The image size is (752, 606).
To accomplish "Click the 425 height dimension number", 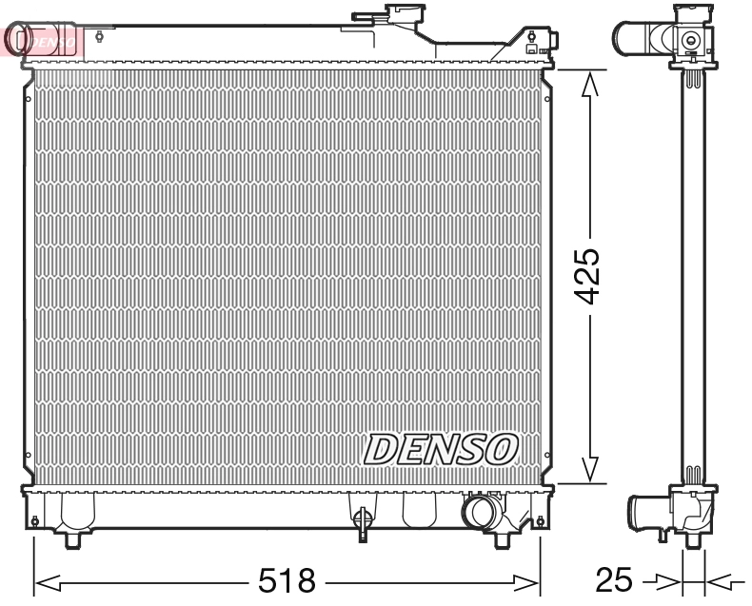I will pyautogui.click(x=591, y=277).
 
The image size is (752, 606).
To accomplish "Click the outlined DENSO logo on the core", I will pyautogui.click(x=440, y=448).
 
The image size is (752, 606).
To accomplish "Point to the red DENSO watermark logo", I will pyautogui.click(x=43, y=41).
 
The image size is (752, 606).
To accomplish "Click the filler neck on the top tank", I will pyautogui.click(x=387, y=17).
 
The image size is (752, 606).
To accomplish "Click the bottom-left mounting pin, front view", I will pyautogui.click(x=74, y=539).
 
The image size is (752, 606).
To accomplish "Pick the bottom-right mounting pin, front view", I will pyautogui.click(x=505, y=539).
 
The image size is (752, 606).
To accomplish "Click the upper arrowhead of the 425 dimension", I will pyautogui.click(x=590, y=86).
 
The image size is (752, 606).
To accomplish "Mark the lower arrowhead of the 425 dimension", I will pyautogui.click(x=590, y=468).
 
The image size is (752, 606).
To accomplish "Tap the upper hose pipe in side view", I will pyautogui.click(x=630, y=38).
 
